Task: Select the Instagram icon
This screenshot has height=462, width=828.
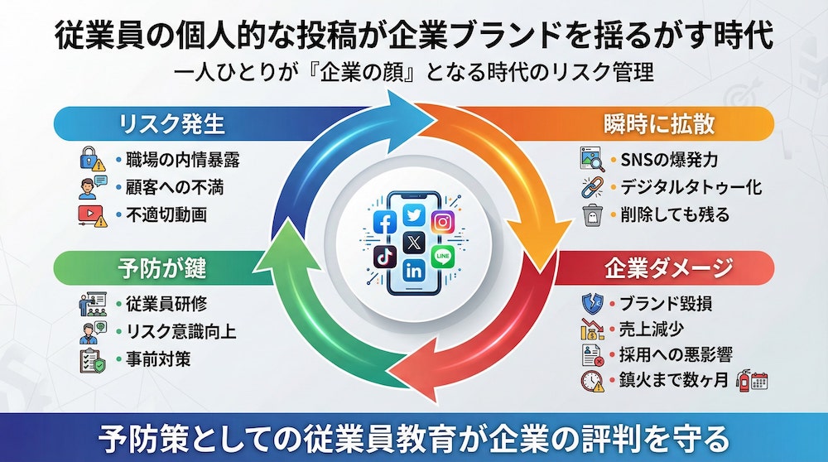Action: coord(442,222)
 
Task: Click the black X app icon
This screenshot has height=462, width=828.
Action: coord(414,243)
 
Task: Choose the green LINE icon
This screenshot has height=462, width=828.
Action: coord(442,255)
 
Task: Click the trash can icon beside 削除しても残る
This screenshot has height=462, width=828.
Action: coord(591,215)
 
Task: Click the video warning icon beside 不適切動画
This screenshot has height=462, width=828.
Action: coord(89,215)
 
